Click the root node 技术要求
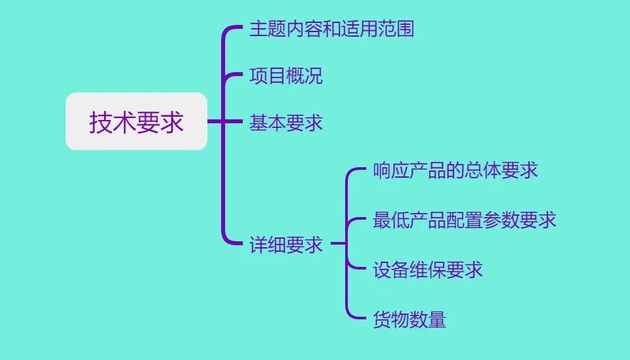point(136,122)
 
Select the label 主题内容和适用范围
point(331,30)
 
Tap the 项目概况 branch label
point(286,76)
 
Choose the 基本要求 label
point(286,123)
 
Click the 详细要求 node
point(286,245)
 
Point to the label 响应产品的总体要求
point(455,170)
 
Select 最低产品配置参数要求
point(465,220)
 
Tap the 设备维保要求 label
point(428,270)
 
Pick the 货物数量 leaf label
point(409,319)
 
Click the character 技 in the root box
point(101,123)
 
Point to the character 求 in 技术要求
point(172,123)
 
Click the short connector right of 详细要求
point(338,244)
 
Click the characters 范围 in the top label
point(396,30)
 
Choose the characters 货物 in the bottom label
point(391,319)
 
